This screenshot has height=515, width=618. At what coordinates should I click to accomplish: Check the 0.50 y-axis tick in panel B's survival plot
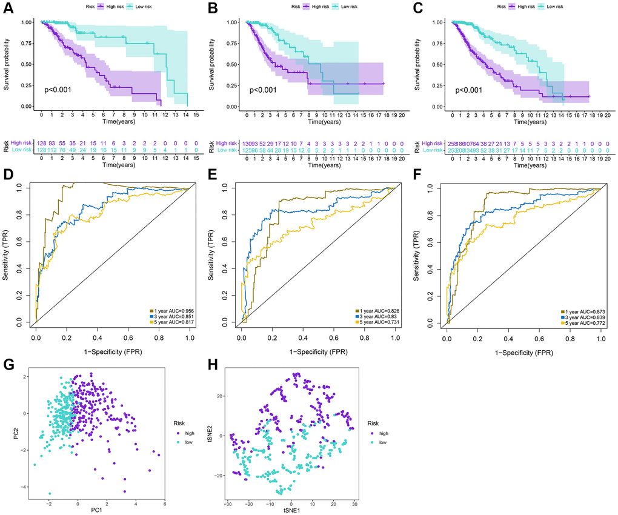point(235,64)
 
